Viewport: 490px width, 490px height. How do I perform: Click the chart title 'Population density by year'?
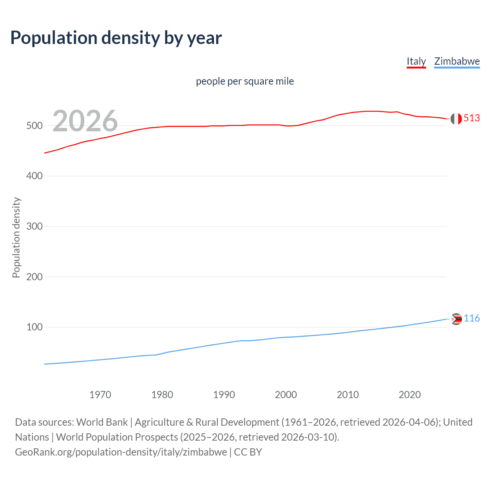pos(116,38)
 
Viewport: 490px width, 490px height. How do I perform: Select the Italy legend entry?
pos(416,61)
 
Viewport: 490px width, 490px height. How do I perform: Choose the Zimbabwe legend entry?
pos(457,61)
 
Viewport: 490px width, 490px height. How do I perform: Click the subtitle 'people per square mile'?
pos(245,81)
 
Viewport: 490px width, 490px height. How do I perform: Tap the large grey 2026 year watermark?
pos(85,121)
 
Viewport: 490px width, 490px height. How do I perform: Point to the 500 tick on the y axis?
pos(34,126)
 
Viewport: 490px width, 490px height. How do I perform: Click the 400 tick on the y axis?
pos(34,176)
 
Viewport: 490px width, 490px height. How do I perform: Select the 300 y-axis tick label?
pos(34,226)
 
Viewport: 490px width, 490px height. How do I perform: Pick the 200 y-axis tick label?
pos(34,277)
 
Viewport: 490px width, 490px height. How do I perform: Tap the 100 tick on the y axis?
pos(34,327)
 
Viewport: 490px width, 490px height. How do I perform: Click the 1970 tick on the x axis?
pos(100,395)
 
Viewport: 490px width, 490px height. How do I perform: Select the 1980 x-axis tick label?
pos(162,395)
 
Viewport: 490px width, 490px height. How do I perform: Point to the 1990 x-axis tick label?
pos(224,395)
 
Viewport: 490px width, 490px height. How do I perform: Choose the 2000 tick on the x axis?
pos(286,395)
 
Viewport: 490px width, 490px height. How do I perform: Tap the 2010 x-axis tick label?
pos(348,395)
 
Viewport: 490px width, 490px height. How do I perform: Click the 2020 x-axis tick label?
pos(410,395)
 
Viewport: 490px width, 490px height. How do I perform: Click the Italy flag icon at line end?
pos(456,119)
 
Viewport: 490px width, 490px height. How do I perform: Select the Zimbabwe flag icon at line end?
pos(456,319)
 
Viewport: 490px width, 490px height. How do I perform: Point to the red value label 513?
pos(472,118)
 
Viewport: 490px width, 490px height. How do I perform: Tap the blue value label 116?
pos(472,318)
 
